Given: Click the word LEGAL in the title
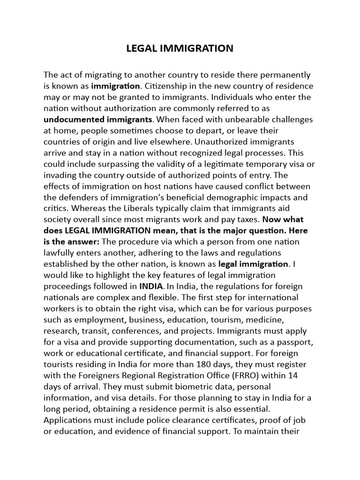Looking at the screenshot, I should [x=140, y=48].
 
